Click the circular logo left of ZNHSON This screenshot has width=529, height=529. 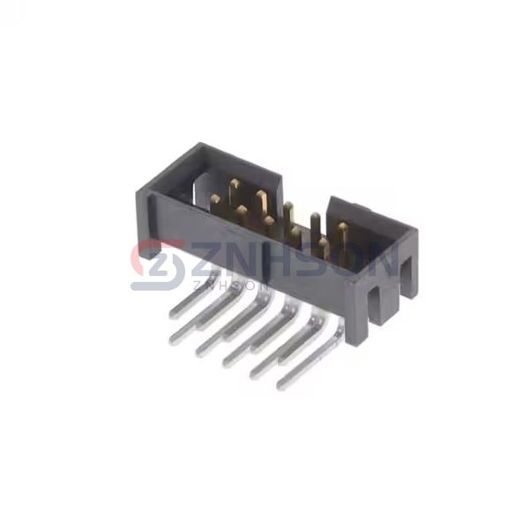pos(158,265)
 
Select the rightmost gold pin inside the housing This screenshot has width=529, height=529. pos(342,236)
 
